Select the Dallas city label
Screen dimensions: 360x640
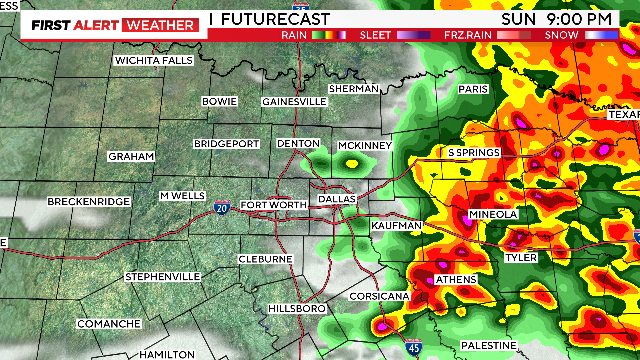pos(336,199)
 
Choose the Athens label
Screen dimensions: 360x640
pos(454,279)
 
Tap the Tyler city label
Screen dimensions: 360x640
pos(521,257)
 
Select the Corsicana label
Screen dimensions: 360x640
pos(378,297)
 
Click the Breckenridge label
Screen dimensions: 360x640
pos(88,202)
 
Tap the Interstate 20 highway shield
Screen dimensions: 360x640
pos(221,208)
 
